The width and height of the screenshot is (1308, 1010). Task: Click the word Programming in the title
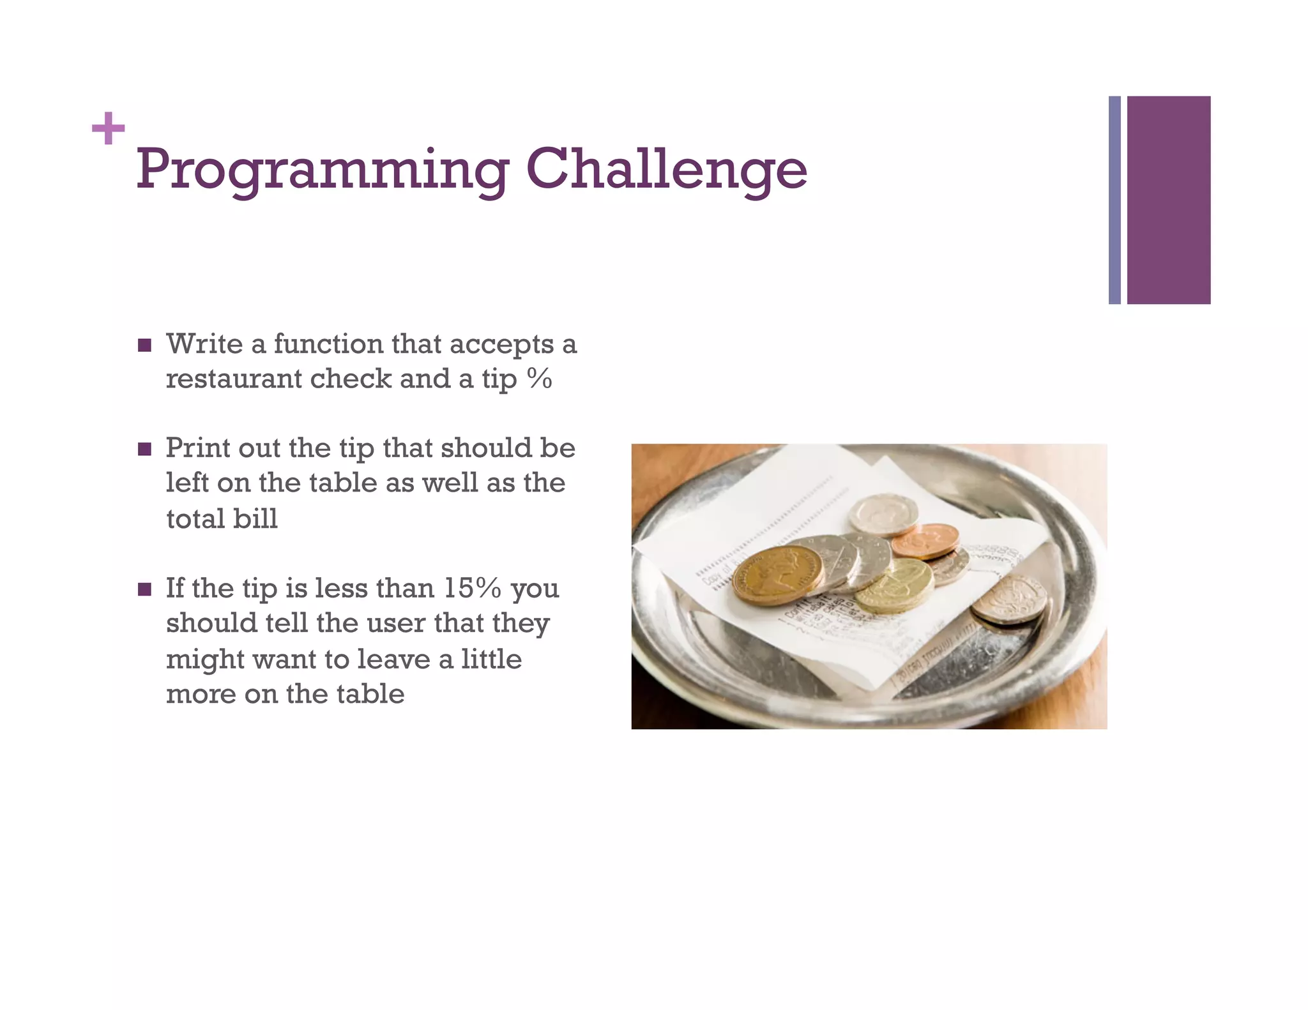tap(323, 170)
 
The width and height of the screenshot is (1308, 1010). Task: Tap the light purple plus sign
tap(108, 128)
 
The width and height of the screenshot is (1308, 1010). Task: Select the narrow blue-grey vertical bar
tap(1114, 200)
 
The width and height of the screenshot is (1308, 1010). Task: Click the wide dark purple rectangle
tap(1168, 200)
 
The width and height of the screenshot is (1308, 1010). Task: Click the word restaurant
tap(234, 379)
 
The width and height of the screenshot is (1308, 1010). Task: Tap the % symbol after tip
tap(539, 379)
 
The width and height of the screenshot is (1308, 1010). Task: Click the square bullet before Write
tap(145, 345)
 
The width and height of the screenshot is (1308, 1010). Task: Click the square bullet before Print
tap(145, 449)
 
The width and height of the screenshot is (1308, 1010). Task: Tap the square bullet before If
tap(145, 589)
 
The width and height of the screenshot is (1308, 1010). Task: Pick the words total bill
tap(222, 518)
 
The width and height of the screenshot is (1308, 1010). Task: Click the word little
tap(491, 659)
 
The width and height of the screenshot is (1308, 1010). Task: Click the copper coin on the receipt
tap(925, 541)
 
